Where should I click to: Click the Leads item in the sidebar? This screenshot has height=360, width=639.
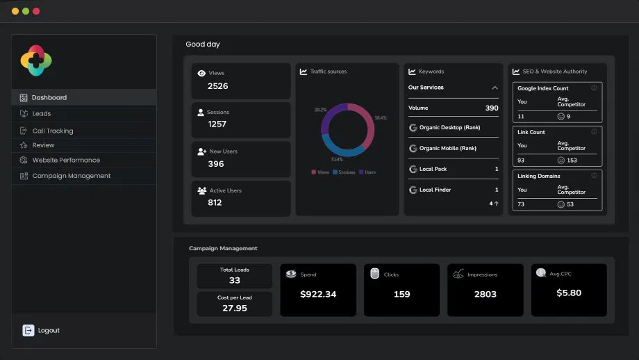click(x=41, y=113)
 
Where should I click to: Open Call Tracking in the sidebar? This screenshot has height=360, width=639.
click(x=52, y=131)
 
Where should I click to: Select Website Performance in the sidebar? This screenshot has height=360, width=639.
click(x=66, y=160)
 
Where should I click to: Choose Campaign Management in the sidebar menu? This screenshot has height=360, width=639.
click(x=71, y=176)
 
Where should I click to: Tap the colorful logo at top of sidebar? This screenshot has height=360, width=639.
click(x=37, y=60)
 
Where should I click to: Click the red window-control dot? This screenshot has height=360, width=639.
click(x=36, y=11)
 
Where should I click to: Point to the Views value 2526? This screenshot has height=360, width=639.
click(x=217, y=86)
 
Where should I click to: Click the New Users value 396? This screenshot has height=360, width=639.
click(x=216, y=164)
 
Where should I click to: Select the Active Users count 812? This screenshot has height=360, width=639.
click(x=215, y=203)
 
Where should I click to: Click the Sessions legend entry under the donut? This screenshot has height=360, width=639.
click(x=345, y=172)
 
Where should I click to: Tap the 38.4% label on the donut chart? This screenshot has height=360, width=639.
click(x=380, y=118)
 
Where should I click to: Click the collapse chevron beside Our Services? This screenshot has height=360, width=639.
click(x=495, y=88)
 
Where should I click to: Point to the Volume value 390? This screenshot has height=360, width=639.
click(x=491, y=108)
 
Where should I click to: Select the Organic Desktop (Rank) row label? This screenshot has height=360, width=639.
click(x=449, y=128)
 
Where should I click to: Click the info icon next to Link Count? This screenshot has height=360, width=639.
click(x=594, y=131)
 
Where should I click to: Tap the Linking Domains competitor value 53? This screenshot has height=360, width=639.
click(x=570, y=204)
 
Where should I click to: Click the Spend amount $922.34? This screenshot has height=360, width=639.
click(x=318, y=294)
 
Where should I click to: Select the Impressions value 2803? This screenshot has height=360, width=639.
click(x=485, y=294)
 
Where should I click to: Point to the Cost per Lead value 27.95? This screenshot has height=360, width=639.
click(x=235, y=308)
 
